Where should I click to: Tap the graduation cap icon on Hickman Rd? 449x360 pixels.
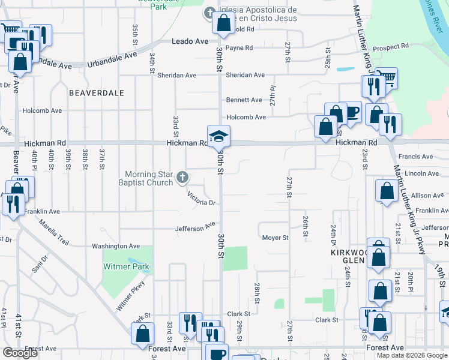coord(218,135)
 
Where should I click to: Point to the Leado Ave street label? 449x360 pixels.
coord(190,41)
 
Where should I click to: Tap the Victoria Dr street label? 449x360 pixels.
coord(201,198)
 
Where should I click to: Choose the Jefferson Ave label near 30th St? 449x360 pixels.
coord(195,227)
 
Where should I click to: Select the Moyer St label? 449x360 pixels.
coord(276,238)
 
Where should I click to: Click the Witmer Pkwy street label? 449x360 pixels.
coord(131,296)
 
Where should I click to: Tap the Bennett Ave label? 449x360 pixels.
coord(244,100)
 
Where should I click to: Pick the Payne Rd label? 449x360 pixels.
coord(240,47)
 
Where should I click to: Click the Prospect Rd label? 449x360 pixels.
coord(390,46)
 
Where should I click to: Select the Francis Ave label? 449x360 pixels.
coord(420,157)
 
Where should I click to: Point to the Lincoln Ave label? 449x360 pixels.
coord(422,173)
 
